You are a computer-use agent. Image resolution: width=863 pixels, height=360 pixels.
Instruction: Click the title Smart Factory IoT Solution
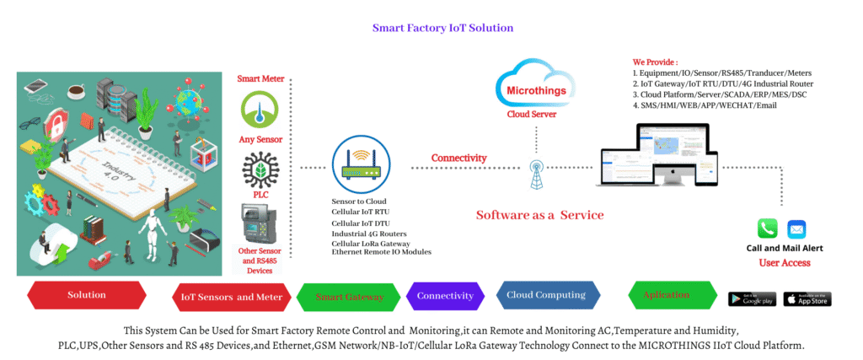pyautogui.click(x=442, y=28)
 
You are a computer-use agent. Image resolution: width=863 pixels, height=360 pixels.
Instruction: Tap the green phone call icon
pyautogui.click(x=767, y=228)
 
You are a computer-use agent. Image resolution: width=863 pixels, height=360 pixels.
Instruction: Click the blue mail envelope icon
pyautogui.click(x=796, y=228)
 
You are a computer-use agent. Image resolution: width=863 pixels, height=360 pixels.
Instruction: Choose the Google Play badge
pyautogui.click(x=752, y=298)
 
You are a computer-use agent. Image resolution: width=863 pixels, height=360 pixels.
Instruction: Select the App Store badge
pyautogui.click(x=807, y=298)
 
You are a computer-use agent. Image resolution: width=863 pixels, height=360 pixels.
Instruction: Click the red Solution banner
pyautogui.click(x=87, y=295)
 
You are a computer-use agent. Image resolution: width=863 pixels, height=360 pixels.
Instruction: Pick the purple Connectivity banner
pyautogui.click(x=446, y=296)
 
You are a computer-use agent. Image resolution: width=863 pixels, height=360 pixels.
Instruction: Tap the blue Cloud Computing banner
pyautogui.click(x=546, y=295)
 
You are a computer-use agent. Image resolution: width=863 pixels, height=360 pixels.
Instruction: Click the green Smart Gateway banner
pyautogui.click(x=349, y=297)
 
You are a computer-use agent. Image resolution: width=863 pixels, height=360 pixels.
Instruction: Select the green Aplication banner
pyautogui.click(x=666, y=295)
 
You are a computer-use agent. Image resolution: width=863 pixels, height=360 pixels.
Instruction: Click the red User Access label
pyautogui.click(x=785, y=263)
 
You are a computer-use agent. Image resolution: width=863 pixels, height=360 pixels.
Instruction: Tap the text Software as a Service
pyautogui.click(x=539, y=215)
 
